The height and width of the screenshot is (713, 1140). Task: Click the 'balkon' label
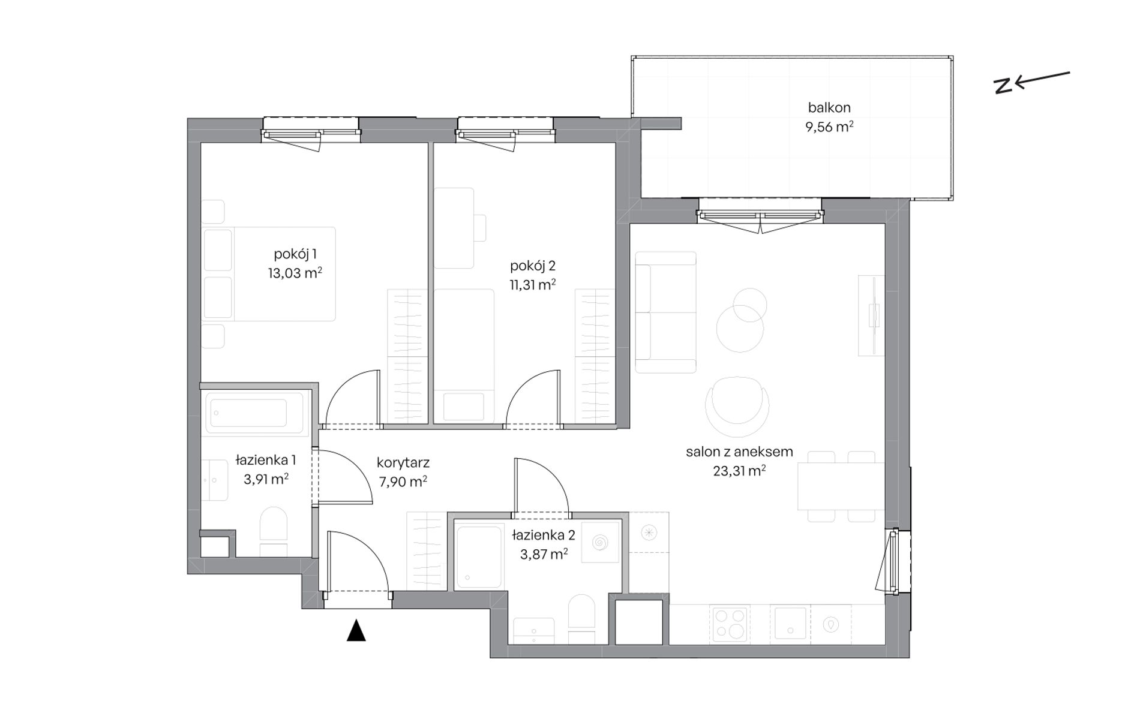(x=829, y=108)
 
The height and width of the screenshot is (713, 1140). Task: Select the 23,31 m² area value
(x=739, y=471)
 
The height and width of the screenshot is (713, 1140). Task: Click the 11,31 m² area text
(x=532, y=284)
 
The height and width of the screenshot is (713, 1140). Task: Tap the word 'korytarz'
(x=403, y=463)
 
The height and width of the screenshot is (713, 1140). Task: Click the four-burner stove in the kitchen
(x=728, y=624)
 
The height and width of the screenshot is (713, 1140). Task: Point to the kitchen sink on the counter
(x=791, y=624)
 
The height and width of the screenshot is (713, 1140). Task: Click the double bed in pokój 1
(x=268, y=273)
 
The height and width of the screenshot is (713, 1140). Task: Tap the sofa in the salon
(x=666, y=312)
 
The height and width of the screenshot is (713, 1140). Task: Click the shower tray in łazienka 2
(x=479, y=557)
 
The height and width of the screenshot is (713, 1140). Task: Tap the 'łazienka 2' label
(x=544, y=535)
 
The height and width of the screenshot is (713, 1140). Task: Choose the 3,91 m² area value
(x=266, y=479)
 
